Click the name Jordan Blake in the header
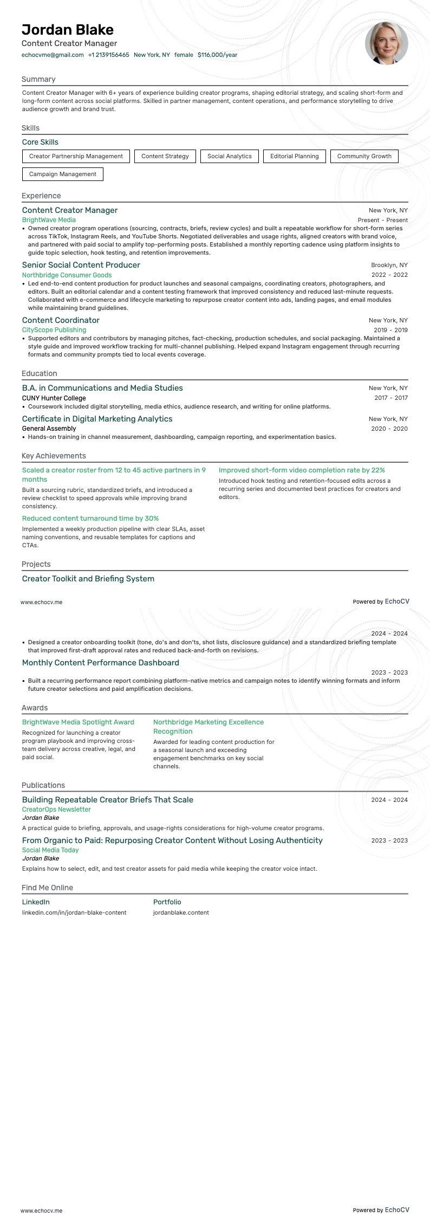(68, 30)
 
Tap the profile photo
(386, 44)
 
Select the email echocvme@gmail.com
(53, 55)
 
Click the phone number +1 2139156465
(108, 55)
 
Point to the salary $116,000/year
(217, 55)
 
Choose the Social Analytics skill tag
(229, 156)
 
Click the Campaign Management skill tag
(62, 174)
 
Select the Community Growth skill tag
(364, 156)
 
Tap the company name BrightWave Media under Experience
(49, 220)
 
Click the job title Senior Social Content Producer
(81, 265)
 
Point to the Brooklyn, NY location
(389, 265)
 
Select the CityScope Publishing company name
(54, 330)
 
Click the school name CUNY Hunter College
(54, 398)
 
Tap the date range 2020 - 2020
(389, 429)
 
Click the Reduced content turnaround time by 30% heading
(90, 519)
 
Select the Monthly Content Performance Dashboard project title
(100, 663)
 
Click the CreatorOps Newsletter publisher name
(56, 810)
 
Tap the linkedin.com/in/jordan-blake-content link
(74, 912)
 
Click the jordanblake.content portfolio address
(180, 912)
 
